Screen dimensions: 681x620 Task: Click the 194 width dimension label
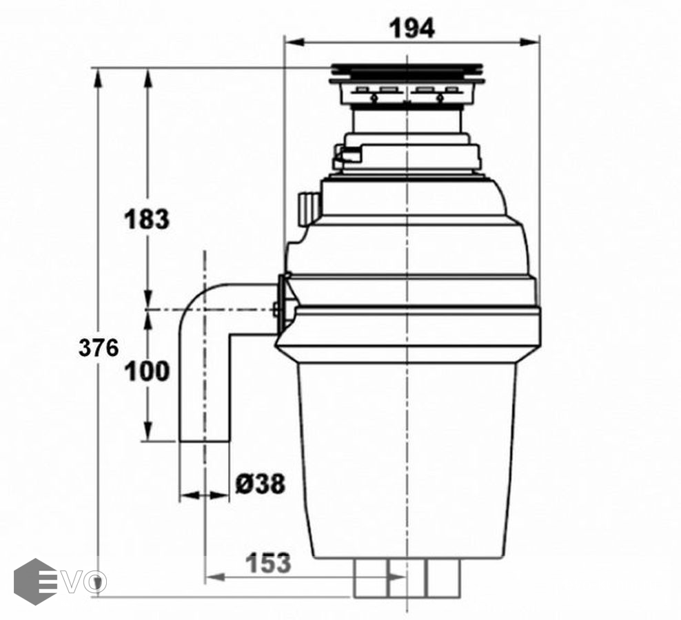click(x=411, y=29)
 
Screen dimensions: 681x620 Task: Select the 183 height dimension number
click(x=147, y=219)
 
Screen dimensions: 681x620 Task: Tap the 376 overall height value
click(x=99, y=348)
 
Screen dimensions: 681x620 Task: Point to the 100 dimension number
click(x=147, y=371)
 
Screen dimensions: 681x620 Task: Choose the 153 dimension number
click(x=268, y=563)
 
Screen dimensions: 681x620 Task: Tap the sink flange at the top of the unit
click(x=407, y=73)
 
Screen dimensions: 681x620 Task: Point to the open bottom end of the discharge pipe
click(x=204, y=442)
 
